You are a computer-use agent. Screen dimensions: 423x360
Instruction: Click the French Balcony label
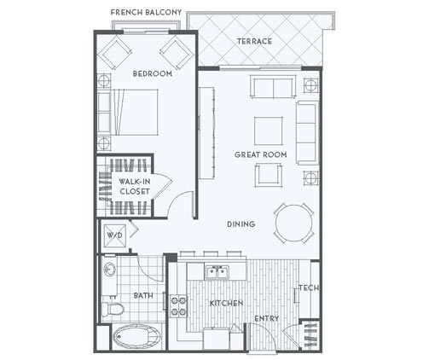tap(146, 12)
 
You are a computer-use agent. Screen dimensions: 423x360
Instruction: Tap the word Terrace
tap(254, 42)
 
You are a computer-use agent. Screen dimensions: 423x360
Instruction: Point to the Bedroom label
tap(153, 73)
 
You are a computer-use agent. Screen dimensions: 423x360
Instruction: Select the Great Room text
tap(260, 154)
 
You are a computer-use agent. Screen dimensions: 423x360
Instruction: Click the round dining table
tap(293, 224)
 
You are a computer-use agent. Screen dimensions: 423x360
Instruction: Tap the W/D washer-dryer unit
tap(114, 235)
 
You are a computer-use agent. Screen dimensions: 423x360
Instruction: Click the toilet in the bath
tap(113, 309)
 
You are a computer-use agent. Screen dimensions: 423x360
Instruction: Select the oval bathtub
tap(136, 337)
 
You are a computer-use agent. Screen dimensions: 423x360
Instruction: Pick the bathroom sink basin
tap(109, 269)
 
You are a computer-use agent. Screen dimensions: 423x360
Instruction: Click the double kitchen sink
tap(217, 272)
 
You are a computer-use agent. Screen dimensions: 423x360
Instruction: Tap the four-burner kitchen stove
tap(178, 306)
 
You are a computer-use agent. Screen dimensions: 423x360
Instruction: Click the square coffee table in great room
tap(269, 131)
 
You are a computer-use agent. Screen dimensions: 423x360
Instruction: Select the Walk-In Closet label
tap(135, 186)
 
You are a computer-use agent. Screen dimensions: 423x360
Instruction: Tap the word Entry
tap(266, 318)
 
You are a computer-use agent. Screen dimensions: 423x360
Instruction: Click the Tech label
tap(309, 288)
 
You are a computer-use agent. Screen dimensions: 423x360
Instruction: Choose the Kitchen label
tap(226, 304)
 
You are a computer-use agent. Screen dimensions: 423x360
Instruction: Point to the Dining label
tap(240, 224)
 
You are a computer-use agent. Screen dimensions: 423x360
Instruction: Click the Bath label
tap(143, 296)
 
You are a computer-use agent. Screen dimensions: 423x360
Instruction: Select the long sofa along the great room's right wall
tap(307, 133)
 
